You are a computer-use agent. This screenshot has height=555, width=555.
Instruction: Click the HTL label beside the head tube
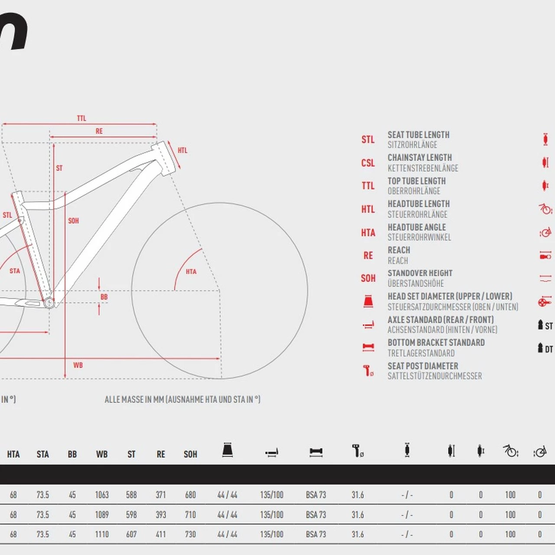click(x=183, y=150)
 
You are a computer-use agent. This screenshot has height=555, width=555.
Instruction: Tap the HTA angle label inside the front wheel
click(x=191, y=272)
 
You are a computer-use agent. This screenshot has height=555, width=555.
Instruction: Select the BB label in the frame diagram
click(x=104, y=297)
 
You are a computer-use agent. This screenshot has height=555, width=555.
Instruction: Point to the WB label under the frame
click(x=78, y=365)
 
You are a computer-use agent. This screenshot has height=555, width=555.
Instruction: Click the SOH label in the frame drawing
click(x=73, y=221)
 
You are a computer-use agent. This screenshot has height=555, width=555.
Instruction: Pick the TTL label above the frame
click(x=82, y=118)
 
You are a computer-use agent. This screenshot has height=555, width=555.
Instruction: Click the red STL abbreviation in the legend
click(x=368, y=140)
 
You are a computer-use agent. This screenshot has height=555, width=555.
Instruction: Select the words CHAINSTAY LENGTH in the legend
click(x=419, y=158)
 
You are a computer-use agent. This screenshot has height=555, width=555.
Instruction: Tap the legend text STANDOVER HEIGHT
click(x=420, y=273)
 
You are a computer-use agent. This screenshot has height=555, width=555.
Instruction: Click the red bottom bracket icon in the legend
click(x=368, y=347)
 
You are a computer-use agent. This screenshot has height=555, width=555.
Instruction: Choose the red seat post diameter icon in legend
click(x=368, y=371)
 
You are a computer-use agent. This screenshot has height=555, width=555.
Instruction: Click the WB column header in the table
click(x=102, y=454)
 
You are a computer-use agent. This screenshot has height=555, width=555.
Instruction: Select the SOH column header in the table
click(x=190, y=454)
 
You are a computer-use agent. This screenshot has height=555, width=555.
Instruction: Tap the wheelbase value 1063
click(x=102, y=495)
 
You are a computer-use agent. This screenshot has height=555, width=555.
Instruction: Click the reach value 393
click(x=161, y=515)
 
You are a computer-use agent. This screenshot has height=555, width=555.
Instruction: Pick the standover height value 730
click(x=190, y=535)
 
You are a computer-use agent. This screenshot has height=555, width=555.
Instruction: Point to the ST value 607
click(x=131, y=535)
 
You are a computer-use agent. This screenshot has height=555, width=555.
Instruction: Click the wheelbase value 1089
click(x=102, y=515)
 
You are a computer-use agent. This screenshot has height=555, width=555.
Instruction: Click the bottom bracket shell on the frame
click(x=49, y=302)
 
